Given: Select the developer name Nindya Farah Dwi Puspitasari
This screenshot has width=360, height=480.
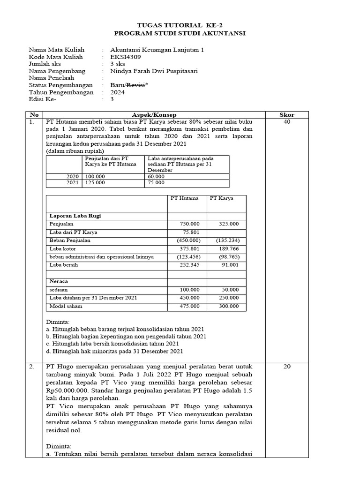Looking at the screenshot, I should click(x=154, y=71).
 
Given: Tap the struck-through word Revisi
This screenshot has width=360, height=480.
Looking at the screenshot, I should click(x=136, y=85).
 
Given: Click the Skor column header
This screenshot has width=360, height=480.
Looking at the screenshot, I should click(x=286, y=115).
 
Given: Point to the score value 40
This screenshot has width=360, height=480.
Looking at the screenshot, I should click(x=286, y=122).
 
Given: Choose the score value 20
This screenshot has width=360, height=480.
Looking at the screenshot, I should click(x=286, y=367).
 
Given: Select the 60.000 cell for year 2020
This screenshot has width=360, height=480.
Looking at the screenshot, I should click(x=156, y=176).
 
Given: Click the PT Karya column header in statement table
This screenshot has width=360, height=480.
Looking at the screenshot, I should click(x=221, y=198).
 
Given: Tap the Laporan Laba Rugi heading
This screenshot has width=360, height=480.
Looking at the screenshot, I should click(x=75, y=216).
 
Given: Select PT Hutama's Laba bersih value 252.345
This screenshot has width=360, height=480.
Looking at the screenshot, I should click(x=189, y=265).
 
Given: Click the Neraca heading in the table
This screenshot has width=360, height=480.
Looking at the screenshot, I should click(x=59, y=281).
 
